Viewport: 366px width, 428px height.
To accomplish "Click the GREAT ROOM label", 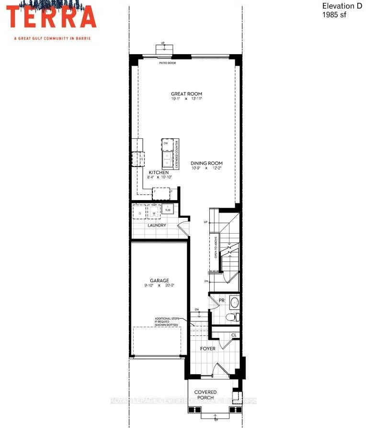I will click(x=186, y=94).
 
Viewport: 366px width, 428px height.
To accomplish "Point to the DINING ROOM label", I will click(x=206, y=163).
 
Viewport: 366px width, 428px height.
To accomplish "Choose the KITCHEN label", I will click(x=159, y=172).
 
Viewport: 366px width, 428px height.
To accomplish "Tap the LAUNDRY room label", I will click(x=157, y=225).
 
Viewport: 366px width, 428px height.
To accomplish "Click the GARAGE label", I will click(x=160, y=281).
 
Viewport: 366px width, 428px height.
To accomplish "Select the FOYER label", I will click(x=208, y=348).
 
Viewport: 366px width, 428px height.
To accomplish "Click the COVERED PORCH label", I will click(x=205, y=395).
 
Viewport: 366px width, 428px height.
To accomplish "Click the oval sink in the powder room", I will click(x=235, y=302).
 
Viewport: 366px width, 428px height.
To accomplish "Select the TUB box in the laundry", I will click(x=168, y=210).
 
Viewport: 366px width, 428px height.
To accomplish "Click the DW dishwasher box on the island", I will click(x=166, y=143).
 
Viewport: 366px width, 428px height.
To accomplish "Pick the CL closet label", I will click(x=233, y=335).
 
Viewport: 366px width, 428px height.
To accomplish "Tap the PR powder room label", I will click(x=221, y=300).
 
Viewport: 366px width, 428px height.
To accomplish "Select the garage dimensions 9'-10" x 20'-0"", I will click(x=160, y=286).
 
